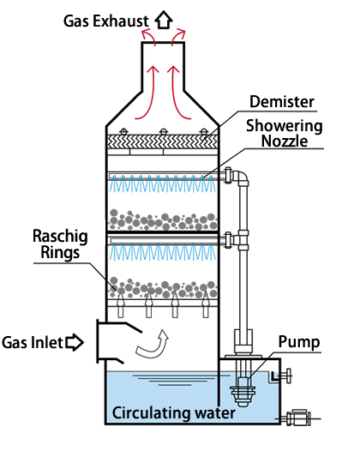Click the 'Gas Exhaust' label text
pos(106,21)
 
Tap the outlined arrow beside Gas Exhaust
pos(164,20)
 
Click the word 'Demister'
pos(282,102)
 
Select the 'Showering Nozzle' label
pos(285,134)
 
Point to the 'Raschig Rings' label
pos(60,244)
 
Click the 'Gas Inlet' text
pos(33,343)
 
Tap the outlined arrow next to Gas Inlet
pos(75,342)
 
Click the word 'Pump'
pos(299,342)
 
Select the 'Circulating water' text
pos(174,413)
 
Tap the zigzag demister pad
pos(163,142)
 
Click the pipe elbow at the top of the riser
pos(241,177)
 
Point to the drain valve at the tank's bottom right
pos(298,418)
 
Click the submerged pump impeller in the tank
pos(243,393)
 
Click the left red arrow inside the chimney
pos(147,93)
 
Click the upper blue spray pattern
pos(163,183)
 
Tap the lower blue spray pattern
pos(163,252)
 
